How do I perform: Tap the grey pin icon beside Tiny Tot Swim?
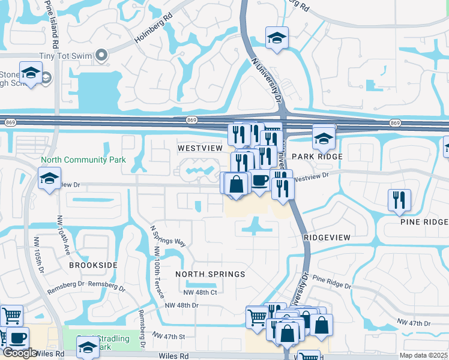point(101,56)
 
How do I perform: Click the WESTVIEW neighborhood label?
point(200,148)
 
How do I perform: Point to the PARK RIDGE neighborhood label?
point(317,157)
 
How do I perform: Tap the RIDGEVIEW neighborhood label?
point(327,238)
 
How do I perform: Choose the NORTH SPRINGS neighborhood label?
point(210,274)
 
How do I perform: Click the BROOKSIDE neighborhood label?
point(93,265)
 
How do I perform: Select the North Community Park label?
point(83,160)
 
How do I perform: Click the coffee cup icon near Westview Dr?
point(259,180)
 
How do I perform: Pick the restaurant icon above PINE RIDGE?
point(399,200)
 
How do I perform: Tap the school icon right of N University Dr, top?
point(277,37)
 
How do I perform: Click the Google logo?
point(20,353)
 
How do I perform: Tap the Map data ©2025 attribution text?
point(424,355)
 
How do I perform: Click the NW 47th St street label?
point(169,335)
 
